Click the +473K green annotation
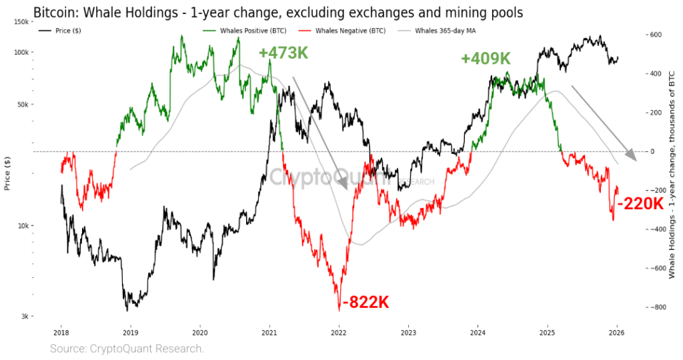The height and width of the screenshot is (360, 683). [283, 53]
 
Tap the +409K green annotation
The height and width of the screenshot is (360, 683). [485, 59]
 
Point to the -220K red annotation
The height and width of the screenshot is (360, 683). [640, 204]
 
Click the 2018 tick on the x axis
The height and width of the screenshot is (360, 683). [61, 331]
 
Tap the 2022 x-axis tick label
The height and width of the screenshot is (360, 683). [339, 331]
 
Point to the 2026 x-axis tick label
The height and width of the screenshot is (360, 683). [617, 331]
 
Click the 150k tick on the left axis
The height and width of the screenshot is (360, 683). [21, 22]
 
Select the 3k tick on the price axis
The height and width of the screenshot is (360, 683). [23, 316]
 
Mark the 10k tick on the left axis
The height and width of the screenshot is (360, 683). [22, 225]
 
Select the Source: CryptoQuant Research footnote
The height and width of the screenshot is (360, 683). [127, 348]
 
